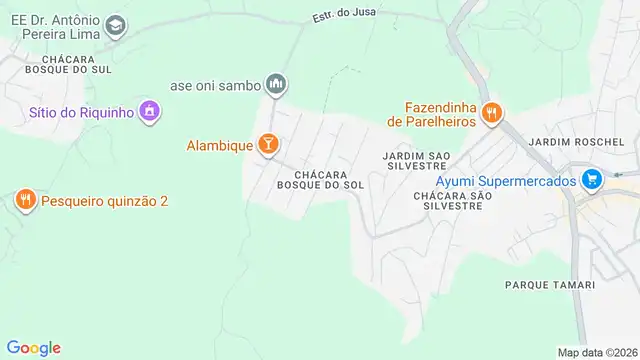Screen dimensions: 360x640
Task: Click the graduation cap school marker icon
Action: (116, 24)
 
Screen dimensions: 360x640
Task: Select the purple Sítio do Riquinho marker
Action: (149, 111)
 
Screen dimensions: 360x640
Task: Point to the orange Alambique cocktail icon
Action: (268, 145)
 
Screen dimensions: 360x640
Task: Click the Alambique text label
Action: (219, 145)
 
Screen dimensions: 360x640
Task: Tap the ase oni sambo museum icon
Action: (277, 84)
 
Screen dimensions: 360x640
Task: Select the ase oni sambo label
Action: (215, 85)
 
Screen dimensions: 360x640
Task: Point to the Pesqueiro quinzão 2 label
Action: (104, 201)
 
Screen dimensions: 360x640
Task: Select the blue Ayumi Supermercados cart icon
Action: (593, 181)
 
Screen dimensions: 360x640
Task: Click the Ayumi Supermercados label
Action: (506, 181)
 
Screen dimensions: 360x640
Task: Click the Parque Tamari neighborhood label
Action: (550, 285)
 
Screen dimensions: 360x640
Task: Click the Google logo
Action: (33, 347)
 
